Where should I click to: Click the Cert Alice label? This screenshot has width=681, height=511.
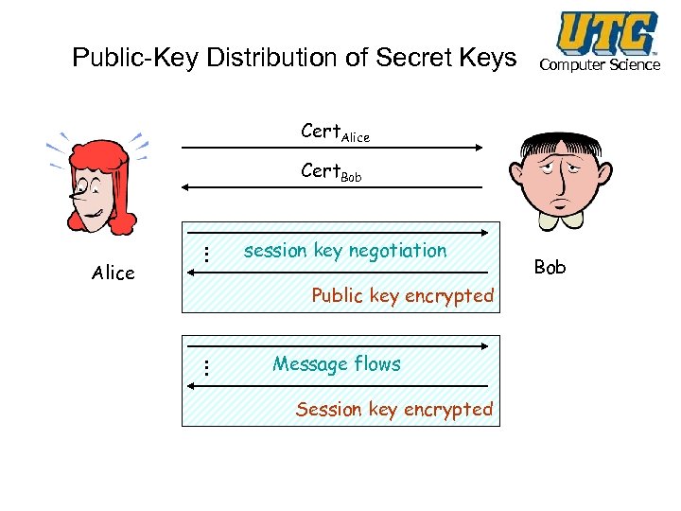pos(335,132)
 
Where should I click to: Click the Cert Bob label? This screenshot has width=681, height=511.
pos(331,172)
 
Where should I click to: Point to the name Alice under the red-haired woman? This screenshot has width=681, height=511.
pos(113,273)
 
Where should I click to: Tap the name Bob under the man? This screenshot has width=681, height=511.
pos(550,267)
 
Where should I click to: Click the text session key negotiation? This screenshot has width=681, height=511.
pos(345,251)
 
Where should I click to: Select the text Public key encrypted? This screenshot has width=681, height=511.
pos(403,295)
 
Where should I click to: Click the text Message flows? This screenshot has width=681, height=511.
pos(337,363)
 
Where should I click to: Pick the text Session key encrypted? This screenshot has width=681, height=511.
pos(394,409)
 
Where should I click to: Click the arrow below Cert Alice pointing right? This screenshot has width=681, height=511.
pos(331,148)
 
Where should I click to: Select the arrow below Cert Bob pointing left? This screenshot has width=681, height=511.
pos(331,187)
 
